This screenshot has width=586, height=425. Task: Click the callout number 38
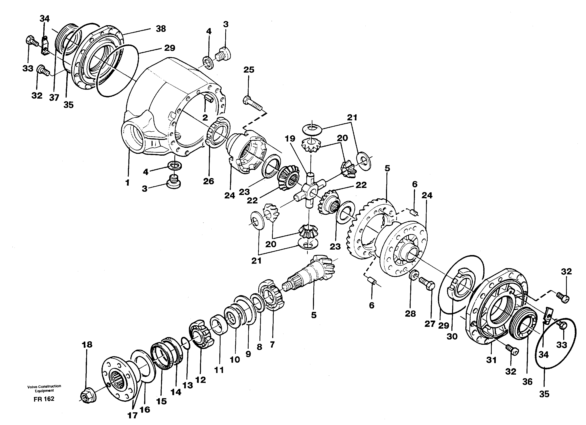pos(161,29)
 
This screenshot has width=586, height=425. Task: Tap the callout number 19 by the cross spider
pos(290,139)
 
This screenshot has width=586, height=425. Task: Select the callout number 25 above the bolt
pos(249,70)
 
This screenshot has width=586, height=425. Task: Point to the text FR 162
pos(44,399)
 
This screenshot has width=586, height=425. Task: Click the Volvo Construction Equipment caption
pos(44,388)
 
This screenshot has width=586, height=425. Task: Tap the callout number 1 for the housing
pos(127,183)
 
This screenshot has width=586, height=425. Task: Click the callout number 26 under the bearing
pos(208,181)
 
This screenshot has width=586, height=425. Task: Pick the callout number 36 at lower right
pos(527,382)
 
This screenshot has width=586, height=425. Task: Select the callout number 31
pos(491,360)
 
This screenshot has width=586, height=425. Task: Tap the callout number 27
pos(430,324)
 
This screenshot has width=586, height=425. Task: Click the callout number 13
pos(188,385)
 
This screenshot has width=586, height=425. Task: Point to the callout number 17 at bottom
pos(132,416)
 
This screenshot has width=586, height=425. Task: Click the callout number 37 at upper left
pos(54,98)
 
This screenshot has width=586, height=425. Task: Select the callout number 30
pos(452,336)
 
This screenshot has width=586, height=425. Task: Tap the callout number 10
pos(235,359)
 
